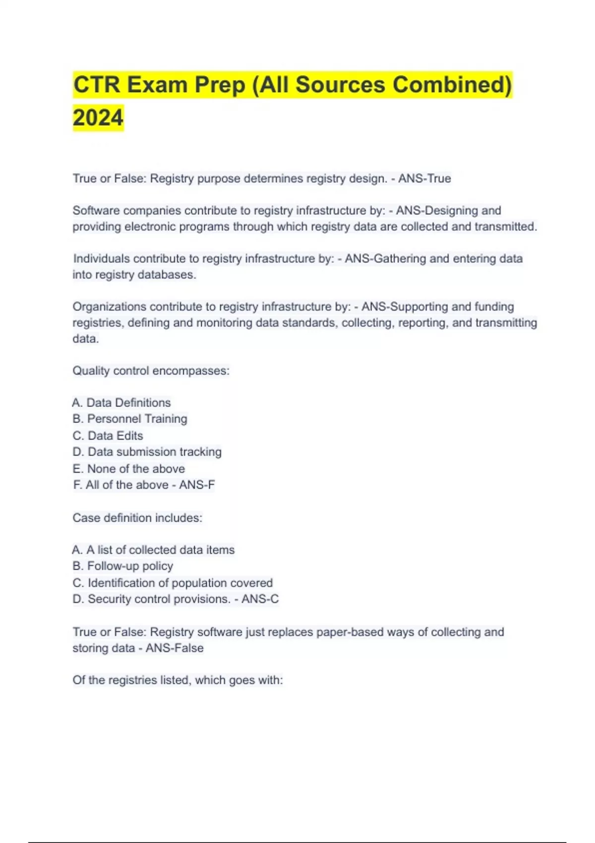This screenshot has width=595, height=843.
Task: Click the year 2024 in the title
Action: point(98,118)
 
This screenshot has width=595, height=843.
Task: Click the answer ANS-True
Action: point(424,179)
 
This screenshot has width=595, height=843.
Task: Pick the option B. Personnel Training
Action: point(130,419)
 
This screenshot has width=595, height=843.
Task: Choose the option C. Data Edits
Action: point(108,435)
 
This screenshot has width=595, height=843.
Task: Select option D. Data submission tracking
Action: point(147,452)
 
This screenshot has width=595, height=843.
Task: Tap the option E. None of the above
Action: point(128,469)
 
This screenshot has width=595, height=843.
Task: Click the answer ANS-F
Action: point(197,484)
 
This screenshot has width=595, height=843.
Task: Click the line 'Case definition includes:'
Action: point(137,518)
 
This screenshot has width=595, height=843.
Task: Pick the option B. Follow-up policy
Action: point(122,566)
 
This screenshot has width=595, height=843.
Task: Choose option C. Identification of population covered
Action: point(173,583)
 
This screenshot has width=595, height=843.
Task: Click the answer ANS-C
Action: point(260,599)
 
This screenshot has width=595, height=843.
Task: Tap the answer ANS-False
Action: point(175,648)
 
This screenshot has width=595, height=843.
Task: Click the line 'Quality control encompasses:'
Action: point(151,371)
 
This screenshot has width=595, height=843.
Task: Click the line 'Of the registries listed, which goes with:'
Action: point(178,680)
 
